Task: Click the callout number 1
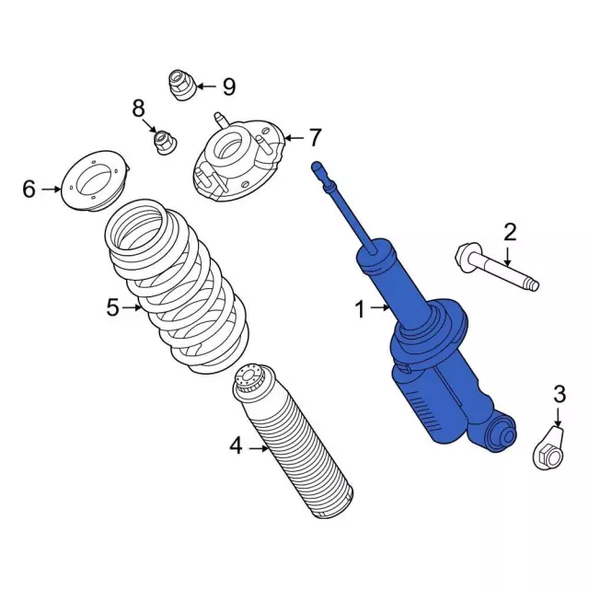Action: pyautogui.click(x=361, y=310)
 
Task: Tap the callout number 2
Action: pyautogui.click(x=509, y=232)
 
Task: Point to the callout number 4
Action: pyautogui.click(x=236, y=447)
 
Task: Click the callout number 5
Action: pyautogui.click(x=112, y=307)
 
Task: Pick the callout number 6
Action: pyautogui.click(x=29, y=190)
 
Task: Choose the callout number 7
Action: pyautogui.click(x=315, y=138)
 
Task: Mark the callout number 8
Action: pyautogui.click(x=138, y=109)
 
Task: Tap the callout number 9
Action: pyautogui.click(x=227, y=87)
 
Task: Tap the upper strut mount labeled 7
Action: pyautogui.click(x=237, y=162)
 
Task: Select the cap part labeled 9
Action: pyautogui.click(x=180, y=86)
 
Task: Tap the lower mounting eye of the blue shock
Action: pyautogui.click(x=502, y=432)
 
